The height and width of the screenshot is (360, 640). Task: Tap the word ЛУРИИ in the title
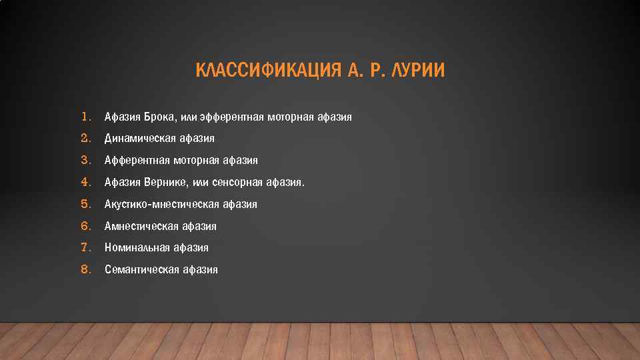click(x=419, y=71)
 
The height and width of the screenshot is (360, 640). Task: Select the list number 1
click(x=85, y=117)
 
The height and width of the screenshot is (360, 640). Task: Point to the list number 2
click(x=85, y=139)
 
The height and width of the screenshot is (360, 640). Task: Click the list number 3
click(x=85, y=160)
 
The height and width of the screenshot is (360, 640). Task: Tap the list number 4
click(x=85, y=182)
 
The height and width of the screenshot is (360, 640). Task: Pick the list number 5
click(x=85, y=204)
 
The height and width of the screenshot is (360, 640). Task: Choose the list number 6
click(x=85, y=226)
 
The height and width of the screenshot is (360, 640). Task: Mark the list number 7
click(x=85, y=247)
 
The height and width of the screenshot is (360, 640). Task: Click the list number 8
click(x=85, y=269)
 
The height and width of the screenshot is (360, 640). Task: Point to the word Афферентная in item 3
click(x=137, y=161)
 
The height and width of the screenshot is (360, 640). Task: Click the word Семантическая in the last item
click(x=137, y=270)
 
